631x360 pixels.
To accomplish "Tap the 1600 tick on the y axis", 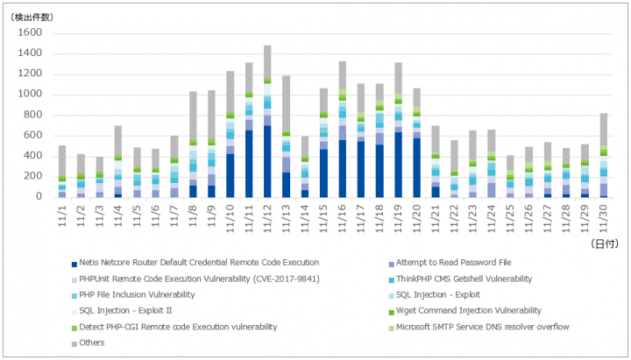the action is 30,32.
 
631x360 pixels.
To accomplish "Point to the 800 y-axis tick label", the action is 33,115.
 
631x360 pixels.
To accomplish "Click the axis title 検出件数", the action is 32,18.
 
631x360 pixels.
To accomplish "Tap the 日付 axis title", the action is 604,244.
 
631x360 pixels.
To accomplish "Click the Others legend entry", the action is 89,343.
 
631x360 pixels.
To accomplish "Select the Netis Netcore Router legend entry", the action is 195,263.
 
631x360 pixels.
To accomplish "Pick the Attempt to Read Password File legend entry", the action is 450,263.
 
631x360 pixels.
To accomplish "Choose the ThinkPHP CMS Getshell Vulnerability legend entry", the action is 460,279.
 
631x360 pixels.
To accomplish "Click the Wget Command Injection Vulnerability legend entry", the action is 464,311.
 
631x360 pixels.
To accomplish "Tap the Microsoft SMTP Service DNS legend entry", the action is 479,327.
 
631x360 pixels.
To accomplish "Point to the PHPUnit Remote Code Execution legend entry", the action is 195,279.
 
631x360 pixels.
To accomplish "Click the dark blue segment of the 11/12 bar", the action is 267,161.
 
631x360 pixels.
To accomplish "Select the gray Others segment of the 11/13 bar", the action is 286,103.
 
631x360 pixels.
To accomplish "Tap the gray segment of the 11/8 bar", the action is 193,116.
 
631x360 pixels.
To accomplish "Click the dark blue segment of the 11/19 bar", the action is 398,165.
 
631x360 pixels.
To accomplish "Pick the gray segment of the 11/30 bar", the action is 603,130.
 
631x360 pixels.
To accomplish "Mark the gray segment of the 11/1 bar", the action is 62,161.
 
